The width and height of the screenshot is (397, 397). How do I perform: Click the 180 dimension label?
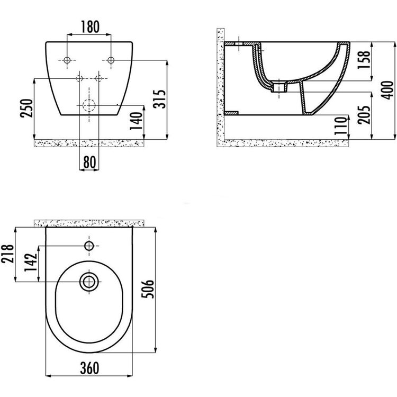[90, 26]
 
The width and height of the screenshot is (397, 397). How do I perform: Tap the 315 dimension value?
[160, 99]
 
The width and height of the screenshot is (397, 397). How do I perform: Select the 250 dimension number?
[26, 108]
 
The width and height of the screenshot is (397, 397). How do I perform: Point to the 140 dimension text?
[136, 121]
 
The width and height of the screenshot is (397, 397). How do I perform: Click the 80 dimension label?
[89, 162]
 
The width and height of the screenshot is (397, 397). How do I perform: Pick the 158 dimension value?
[364, 60]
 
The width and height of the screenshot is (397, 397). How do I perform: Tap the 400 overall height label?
[387, 90]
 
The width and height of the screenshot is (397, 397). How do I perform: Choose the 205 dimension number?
[364, 115]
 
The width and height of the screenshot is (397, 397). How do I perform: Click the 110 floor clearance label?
[340, 126]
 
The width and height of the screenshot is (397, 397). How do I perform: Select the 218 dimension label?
[7, 254]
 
